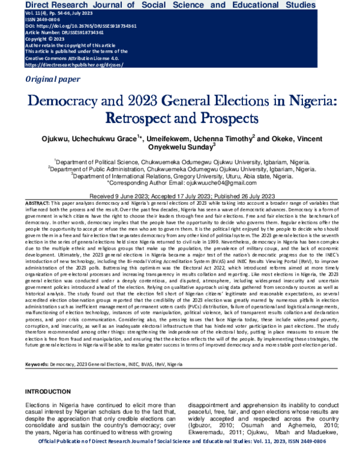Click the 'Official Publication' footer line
point(179,459)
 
